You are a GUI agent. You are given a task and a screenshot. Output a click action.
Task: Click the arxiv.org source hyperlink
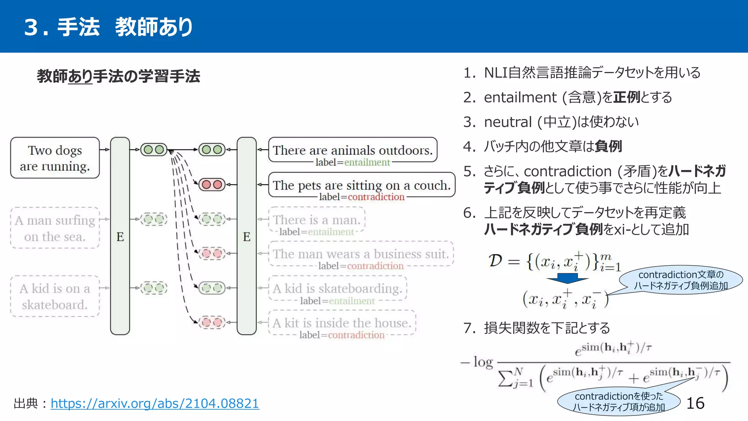pyautogui.click(x=155, y=403)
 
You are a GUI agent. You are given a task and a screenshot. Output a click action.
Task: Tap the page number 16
pyautogui.click(x=695, y=403)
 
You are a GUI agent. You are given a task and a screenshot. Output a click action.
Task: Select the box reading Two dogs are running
pyautogui.click(x=55, y=158)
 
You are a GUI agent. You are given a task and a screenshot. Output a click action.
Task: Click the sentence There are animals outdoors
pyautogui.click(x=352, y=150)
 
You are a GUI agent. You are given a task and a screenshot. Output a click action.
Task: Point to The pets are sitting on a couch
pyautogui.click(x=362, y=185)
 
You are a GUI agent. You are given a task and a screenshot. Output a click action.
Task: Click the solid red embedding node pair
pyautogui.click(x=212, y=185)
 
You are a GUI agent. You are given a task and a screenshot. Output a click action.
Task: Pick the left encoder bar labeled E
pyautogui.click(x=120, y=236)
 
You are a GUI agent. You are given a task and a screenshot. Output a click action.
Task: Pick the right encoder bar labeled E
pyautogui.click(x=247, y=236)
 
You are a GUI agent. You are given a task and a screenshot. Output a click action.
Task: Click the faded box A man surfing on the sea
pyautogui.click(x=55, y=228)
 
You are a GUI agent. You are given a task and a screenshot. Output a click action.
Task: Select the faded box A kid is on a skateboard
pyautogui.click(x=55, y=296)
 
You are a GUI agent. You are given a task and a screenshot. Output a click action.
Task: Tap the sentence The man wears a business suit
pyautogui.click(x=361, y=254)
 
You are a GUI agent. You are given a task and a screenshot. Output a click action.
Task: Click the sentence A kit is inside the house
pyautogui.click(x=342, y=323)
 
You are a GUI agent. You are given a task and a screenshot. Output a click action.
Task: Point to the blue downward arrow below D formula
pyautogui.click(x=567, y=279)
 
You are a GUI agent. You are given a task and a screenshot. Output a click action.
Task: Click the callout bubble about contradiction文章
pyautogui.click(x=681, y=280)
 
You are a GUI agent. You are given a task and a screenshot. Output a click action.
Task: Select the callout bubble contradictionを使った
pyautogui.click(x=619, y=401)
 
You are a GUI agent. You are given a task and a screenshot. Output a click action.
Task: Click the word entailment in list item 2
pyautogui.click(x=520, y=98)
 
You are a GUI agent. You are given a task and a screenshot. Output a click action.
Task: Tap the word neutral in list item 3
pyautogui.click(x=508, y=122)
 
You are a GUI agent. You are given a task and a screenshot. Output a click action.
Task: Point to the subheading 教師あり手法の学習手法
pyautogui.click(x=118, y=76)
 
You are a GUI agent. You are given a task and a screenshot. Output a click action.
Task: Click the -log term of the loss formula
pyautogui.click(x=477, y=362)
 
